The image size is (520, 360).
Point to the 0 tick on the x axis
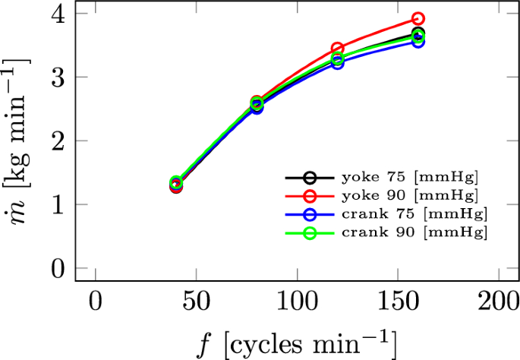pos(95,301)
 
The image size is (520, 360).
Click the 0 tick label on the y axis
pos(59,268)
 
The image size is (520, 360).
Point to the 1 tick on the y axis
pos(59,204)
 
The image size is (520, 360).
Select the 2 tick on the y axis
pos(59,141)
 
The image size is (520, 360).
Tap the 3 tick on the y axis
pos(59,77)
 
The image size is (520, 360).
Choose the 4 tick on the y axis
pos(59,14)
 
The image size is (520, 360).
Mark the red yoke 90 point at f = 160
pos(418,18)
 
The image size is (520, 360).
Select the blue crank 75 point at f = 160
pos(418,41)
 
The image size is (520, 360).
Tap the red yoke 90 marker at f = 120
pos(337,49)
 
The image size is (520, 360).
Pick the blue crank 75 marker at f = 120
pos(337,63)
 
